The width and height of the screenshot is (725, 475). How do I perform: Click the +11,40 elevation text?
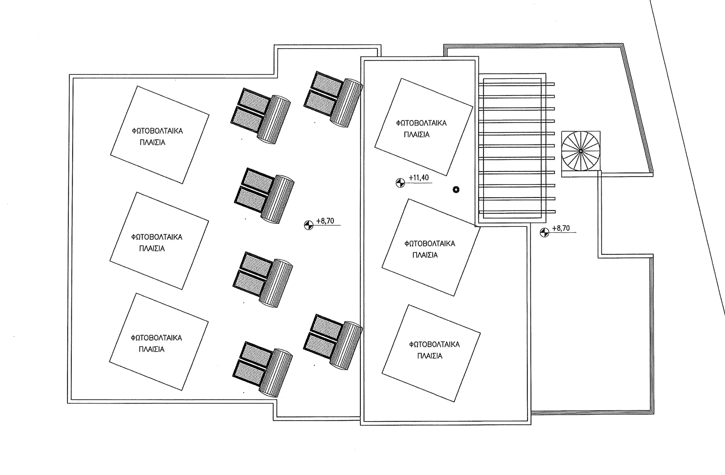(x=419, y=178)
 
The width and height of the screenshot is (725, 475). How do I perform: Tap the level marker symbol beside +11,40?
(x=400, y=183)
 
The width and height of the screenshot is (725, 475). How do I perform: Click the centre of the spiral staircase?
(x=581, y=151)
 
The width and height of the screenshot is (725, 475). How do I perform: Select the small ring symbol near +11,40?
(x=456, y=189)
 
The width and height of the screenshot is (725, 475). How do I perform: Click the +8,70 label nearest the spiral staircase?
(x=561, y=228)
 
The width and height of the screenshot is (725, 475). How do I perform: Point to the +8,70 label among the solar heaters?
(x=325, y=221)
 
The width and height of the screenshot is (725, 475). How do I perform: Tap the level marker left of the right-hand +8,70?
(x=544, y=233)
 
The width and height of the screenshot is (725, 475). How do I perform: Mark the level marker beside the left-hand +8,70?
(x=309, y=225)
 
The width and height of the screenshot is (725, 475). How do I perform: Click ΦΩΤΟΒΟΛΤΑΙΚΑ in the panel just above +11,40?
(x=421, y=123)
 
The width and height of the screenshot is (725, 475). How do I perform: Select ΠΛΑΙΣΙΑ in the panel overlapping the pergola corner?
(x=425, y=255)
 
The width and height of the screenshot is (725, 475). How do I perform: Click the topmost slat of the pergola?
(x=516, y=84)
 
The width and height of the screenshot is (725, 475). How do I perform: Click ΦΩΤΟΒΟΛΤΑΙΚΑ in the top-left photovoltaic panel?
(x=157, y=131)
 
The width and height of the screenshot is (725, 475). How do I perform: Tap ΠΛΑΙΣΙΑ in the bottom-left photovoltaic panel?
(x=152, y=349)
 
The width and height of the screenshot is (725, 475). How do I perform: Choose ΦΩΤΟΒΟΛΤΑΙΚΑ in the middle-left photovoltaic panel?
(x=157, y=237)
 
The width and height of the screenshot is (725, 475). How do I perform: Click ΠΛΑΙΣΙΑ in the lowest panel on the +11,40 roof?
(x=430, y=356)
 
